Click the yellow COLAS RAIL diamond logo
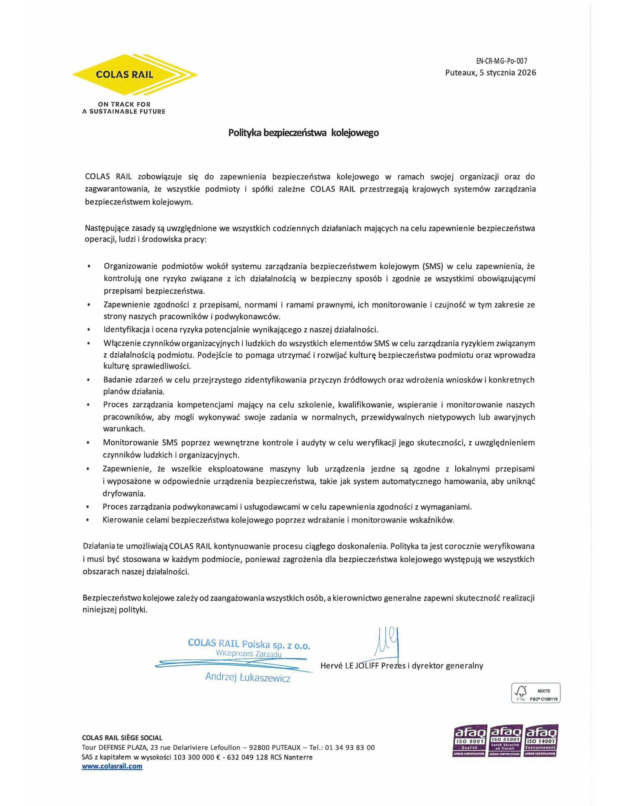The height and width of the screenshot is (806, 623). point(134,75)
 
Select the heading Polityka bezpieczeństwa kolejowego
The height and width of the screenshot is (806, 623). point(303,133)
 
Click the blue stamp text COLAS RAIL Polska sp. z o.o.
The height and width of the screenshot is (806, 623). point(249,644)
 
